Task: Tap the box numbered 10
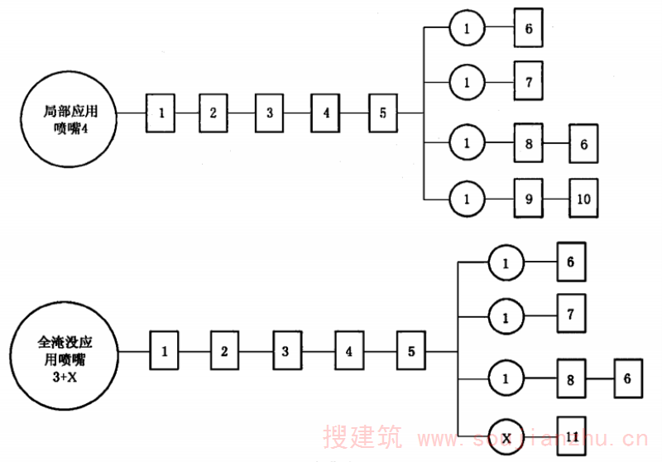pyautogui.click(x=583, y=199)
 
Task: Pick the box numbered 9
pyautogui.click(x=529, y=199)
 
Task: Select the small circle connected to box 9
pyautogui.click(x=467, y=199)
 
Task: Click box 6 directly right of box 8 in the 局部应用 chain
pyautogui.click(x=583, y=144)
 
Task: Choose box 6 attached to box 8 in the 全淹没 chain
pyautogui.click(x=627, y=378)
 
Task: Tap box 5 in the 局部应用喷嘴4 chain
pyautogui.click(x=383, y=113)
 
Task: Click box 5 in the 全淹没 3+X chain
pyautogui.click(x=411, y=351)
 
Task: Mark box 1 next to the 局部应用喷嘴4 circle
pyautogui.click(x=163, y=113)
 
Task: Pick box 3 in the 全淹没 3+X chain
pyautogui.click(x=285, y=351)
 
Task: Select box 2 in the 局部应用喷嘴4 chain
pyautogui.click(x=213, y=113)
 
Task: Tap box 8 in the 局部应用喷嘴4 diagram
pyautogui.click(x=529, y=144)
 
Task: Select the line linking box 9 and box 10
pyautogui.click(x=556, y=199)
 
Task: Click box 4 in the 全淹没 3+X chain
pyautogui.click(x=349, y=351)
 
